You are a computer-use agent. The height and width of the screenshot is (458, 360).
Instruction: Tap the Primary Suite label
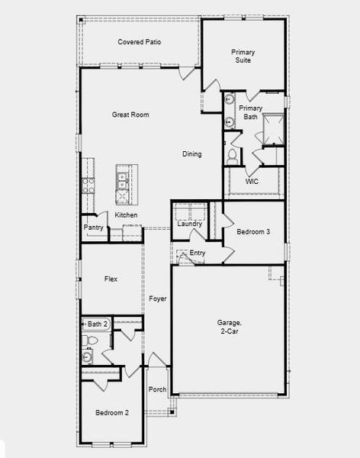[x=243, y=56]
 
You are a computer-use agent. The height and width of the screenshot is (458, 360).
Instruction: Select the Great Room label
[x=130, y=114]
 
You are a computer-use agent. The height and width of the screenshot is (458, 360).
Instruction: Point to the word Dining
[x=192, y=154]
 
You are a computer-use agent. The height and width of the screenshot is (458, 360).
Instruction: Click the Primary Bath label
[x=250, y=112]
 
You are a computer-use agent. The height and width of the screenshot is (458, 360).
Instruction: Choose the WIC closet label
[x=252, y=182]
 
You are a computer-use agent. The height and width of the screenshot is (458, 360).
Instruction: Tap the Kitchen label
[x=127, y=215]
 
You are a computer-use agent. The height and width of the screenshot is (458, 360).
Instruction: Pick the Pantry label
[x=94, y=227]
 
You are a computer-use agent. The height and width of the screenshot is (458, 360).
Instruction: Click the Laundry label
[x=189, y=224]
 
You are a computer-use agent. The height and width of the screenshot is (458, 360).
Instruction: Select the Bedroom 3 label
[x=253, y=231]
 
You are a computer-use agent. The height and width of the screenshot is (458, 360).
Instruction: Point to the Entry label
[x=198, y=253]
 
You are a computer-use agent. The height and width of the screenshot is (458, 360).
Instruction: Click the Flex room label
[x=111, y=279]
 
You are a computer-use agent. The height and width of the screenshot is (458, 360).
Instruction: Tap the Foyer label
[x=158, y=298]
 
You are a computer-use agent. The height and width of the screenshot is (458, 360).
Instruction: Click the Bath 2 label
[x=98, y=324]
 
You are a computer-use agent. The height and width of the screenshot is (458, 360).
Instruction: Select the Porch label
[x=158, y=389]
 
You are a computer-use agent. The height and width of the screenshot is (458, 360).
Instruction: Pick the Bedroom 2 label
[x=112, y=413]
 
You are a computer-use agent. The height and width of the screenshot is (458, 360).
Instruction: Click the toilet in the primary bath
[x=233, y=155]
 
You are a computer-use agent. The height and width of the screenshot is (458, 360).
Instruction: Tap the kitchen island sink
[x=122, y=180]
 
